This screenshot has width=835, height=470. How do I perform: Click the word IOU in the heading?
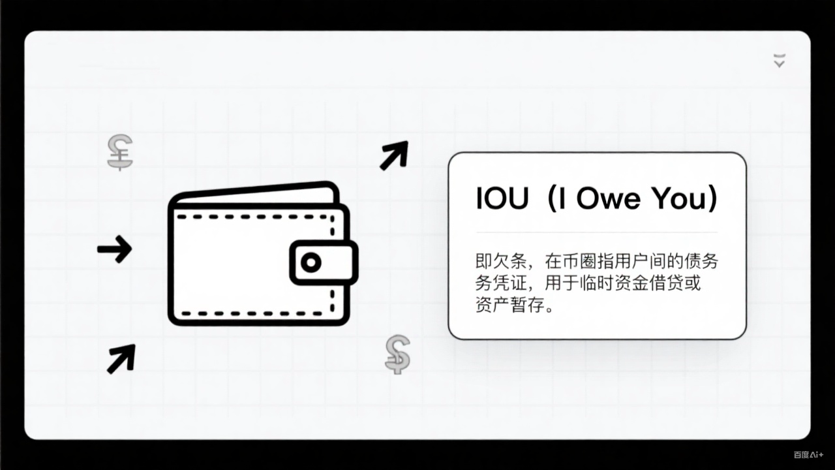click(502, 199)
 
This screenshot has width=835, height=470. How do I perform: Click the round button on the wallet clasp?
click(311, 262)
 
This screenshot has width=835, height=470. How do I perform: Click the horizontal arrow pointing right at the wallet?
click(115, 249)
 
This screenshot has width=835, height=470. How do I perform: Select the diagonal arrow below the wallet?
click(121, 358)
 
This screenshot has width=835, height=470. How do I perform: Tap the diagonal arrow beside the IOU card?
click(394, 155)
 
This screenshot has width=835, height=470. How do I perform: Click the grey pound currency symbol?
click(120, 152)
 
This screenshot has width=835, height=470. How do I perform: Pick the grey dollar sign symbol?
click(397, 354)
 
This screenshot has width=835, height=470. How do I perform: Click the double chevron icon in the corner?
click(779, 61)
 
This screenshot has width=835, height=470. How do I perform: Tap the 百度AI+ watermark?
click(808, 454)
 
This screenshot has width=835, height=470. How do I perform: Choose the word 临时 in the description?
click(600, 284)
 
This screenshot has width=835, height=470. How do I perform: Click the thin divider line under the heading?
click(596, 232)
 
